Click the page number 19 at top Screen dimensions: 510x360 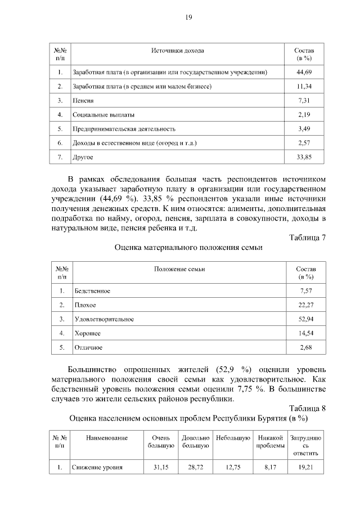click(x=189, y=17)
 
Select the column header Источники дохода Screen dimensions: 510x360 click(x=177, y=51)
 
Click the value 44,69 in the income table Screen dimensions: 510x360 click(x=304, y=73)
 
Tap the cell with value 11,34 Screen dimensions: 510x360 click(x=304, y=87)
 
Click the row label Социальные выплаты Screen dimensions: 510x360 click(x=103, y=115)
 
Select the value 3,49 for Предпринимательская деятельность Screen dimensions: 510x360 click(x=304, y=129)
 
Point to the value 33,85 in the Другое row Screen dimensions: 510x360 click(x=304, y=157)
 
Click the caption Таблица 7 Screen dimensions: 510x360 click(x=307, y=237)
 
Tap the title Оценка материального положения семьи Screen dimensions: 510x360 click(x=188, y=247)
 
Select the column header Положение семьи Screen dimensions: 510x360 click(x=179, y=269)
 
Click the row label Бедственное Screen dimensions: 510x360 click(x=92, y=291)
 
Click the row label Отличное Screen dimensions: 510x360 click(x=89, y=347)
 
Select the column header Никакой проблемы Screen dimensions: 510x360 click(x=269, y=442)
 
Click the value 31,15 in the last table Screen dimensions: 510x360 click(x=161, y=467)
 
